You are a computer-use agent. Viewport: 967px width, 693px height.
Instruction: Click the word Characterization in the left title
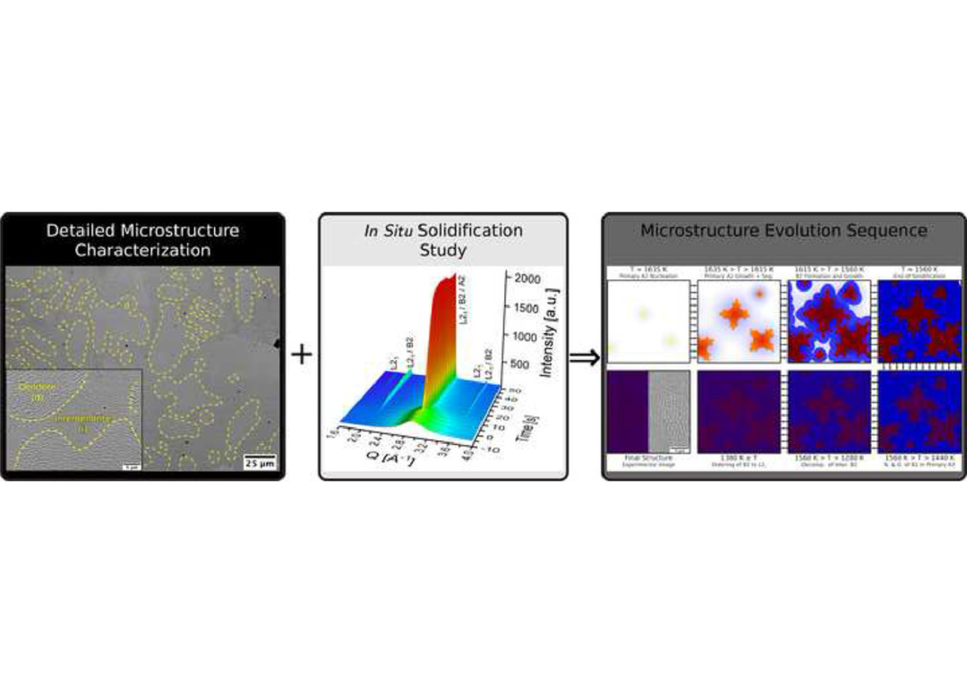tap(143, 251)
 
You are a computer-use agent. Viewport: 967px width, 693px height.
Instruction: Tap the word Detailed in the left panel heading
tap(83, 230)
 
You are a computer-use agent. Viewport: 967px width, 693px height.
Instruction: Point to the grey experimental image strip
tap(668, 413)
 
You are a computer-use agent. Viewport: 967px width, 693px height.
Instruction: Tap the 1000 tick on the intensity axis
tap(526, 336)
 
